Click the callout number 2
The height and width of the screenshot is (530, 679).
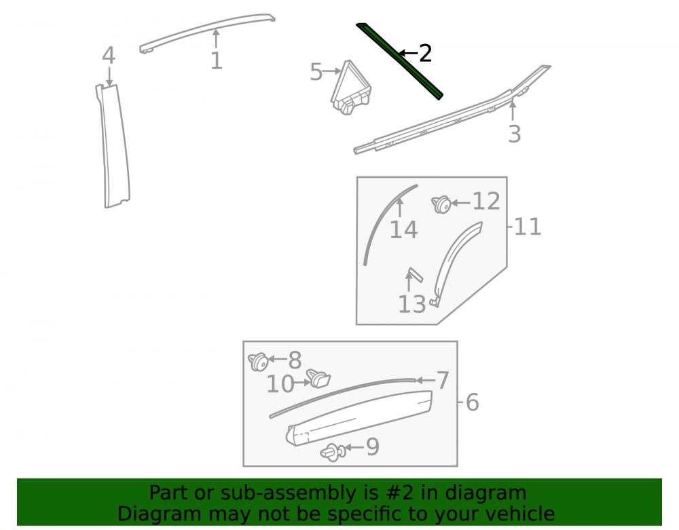click(x=425, y=53)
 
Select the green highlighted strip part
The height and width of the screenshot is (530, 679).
click(x=399, y=60)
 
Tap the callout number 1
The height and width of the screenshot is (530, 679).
click(x=217, y=61)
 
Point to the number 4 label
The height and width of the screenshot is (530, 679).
click(x=109, y=56)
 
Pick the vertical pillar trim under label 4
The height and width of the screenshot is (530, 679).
click(x=113, y=146)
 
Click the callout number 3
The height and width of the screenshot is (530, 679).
click(x=514, y=134)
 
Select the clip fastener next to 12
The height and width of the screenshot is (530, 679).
click(x=441, y=204)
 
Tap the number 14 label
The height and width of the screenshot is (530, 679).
click(x=403, y=229)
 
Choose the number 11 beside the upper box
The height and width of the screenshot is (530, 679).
click(x=528, y=227)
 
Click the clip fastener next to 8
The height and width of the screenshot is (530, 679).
click(x=258, y=362)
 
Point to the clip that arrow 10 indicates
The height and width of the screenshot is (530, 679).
click(x=318, y=379)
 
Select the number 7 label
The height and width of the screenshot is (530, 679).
click(x=443, y=381)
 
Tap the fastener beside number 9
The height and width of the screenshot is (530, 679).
click(x=333, y=453)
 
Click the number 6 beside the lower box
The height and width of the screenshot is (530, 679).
click(x=473, y=402)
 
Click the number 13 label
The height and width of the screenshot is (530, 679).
click(x=412, y=304)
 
